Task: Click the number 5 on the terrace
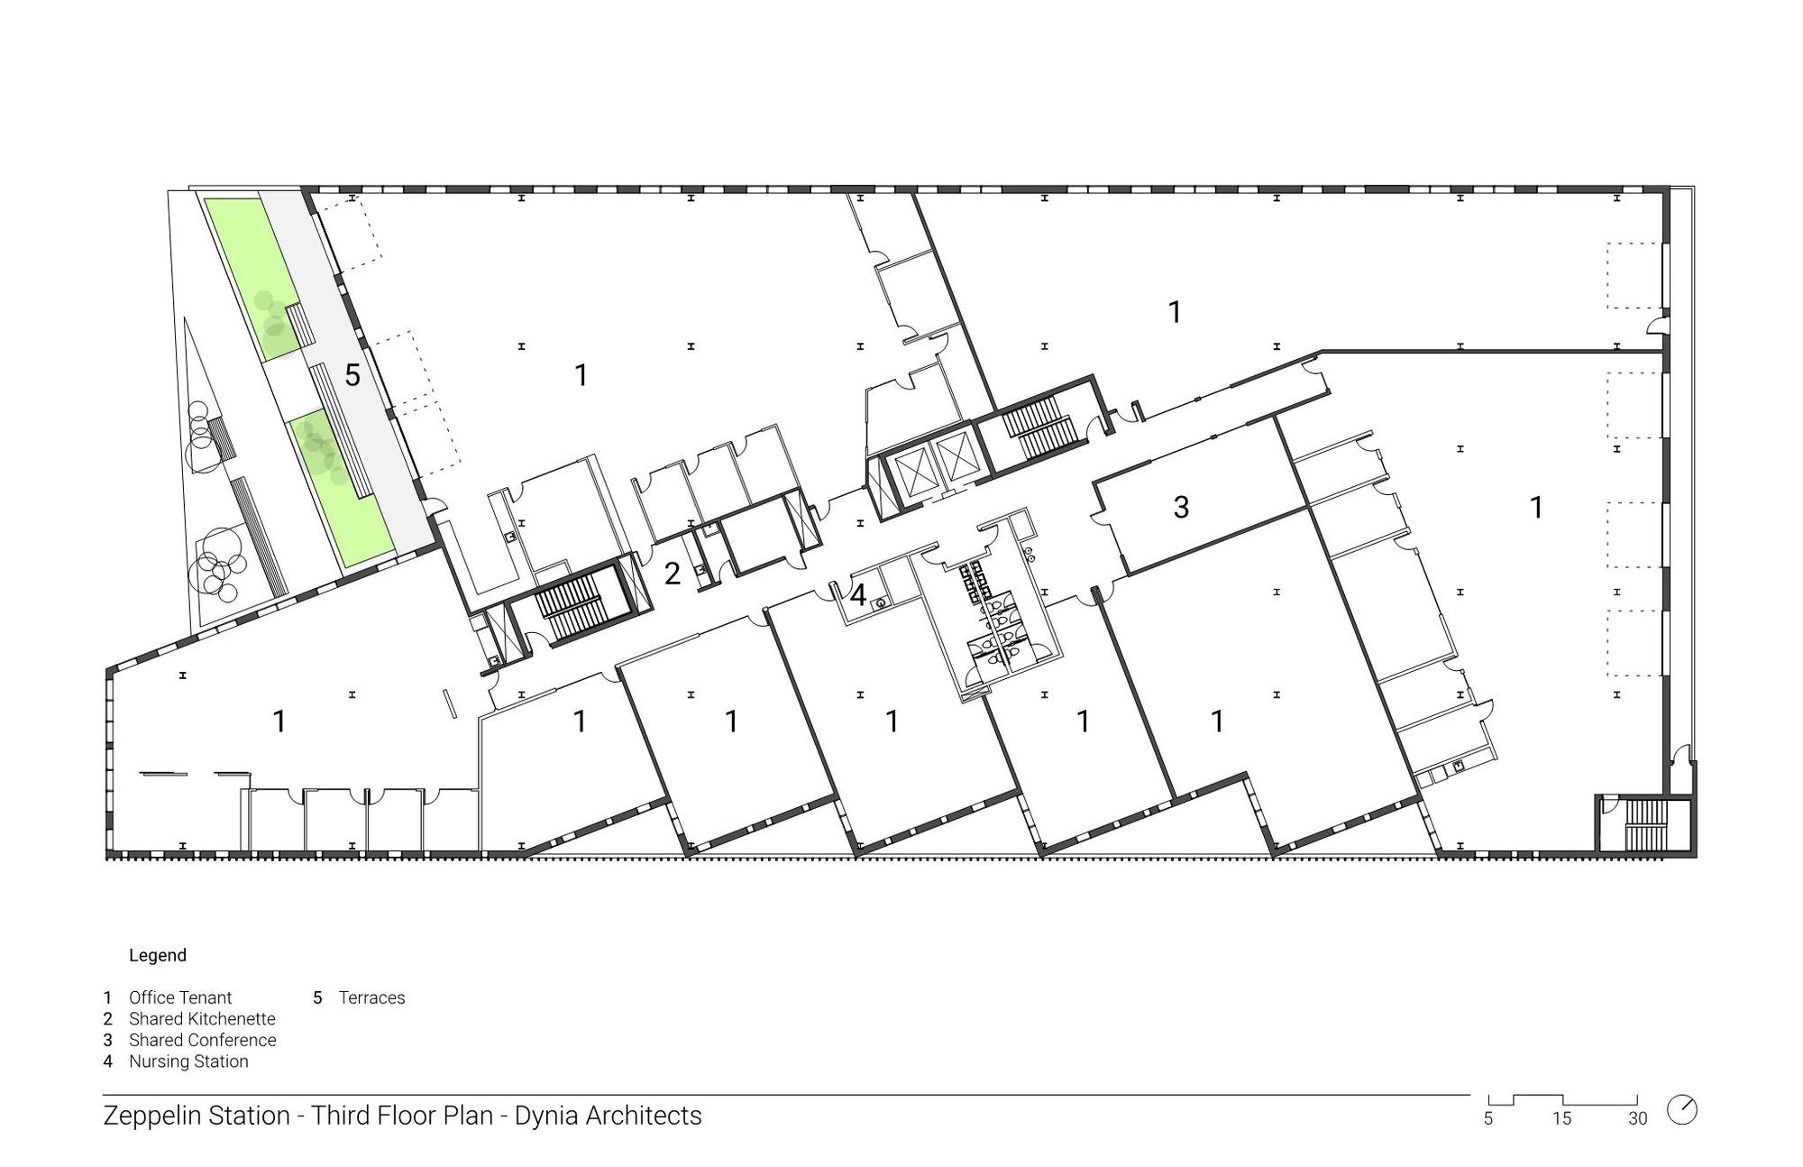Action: (x=352, y=375)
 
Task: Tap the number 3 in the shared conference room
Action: (x=1181, y=508)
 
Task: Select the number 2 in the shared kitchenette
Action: (x=673, y=574)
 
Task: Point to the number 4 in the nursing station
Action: (x=858, y=595)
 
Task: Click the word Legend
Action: (x=158, y=955)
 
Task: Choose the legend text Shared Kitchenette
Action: (x=202, y=1019)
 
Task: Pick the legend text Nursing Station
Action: (x=188, y=1061)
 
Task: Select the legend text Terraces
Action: (x=371, y=997)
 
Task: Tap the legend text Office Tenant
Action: (x=180, y=997)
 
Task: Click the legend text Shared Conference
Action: (x=203, y=1040)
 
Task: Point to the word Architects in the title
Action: (x=644, y=1116)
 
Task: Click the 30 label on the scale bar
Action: (x=1637, y=1119)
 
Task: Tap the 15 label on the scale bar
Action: (x=1561, y=1119)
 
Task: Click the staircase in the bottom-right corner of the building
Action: (x=1647, y=824)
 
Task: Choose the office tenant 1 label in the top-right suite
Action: (x=1175, y=312)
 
